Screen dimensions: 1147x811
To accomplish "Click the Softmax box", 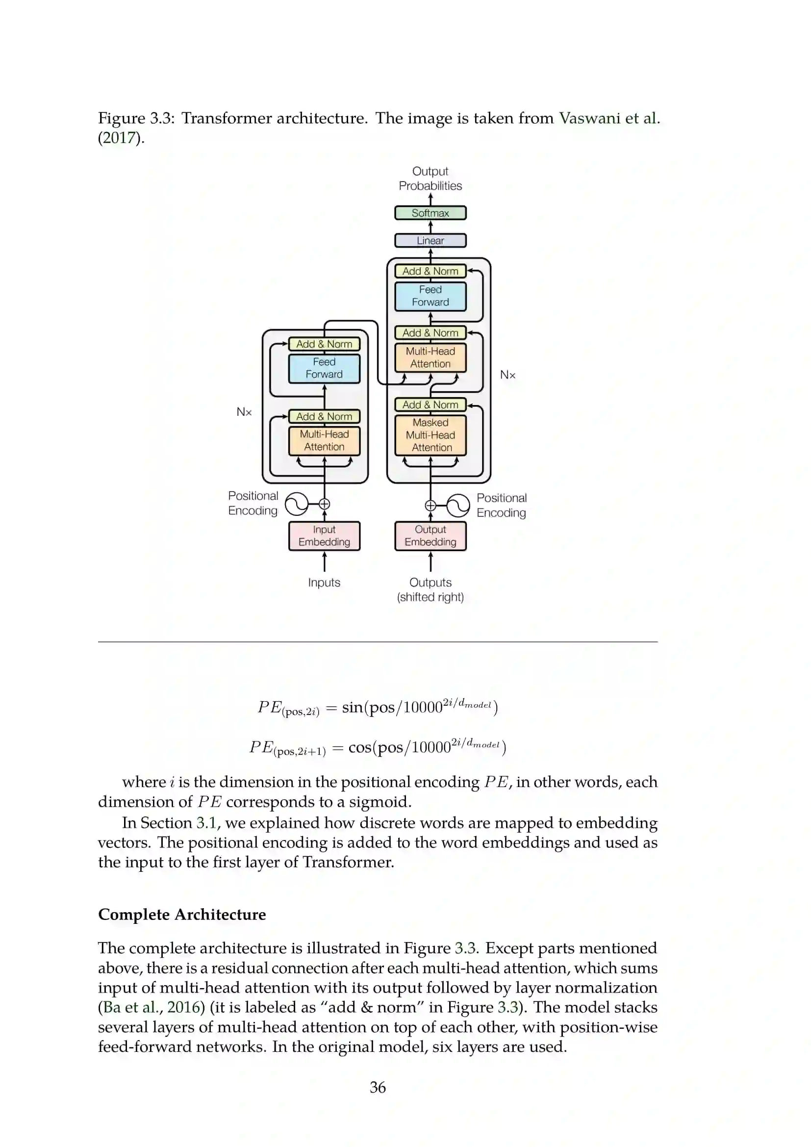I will point(430,213).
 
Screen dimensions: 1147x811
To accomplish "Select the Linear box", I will point(430,240).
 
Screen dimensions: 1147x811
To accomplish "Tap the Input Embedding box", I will point(324,535).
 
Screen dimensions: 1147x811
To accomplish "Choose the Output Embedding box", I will point(430,535).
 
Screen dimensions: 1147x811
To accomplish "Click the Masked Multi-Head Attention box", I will point(430,435).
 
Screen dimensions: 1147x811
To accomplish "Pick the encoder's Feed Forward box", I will point(324,368).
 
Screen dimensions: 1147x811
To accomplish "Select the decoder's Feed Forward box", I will point(430,296).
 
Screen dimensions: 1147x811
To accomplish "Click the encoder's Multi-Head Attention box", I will point(324,441).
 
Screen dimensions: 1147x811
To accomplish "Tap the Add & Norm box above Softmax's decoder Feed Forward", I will point(430,271).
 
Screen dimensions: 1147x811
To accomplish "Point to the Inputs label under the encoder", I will point(324,583).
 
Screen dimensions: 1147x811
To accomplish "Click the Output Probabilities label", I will point(430,178).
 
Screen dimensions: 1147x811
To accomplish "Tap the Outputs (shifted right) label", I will point(430,589).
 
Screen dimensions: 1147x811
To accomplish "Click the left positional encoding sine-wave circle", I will point(297,504).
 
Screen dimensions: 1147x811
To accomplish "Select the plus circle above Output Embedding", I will point(430,506).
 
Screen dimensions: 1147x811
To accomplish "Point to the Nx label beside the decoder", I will point(507,375).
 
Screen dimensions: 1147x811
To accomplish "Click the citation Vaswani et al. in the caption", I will point(609,118).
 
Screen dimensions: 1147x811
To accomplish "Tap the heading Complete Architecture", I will point(182,915).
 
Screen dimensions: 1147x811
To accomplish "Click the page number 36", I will point(378,1088).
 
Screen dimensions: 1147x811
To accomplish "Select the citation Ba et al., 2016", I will point(152,1008).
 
